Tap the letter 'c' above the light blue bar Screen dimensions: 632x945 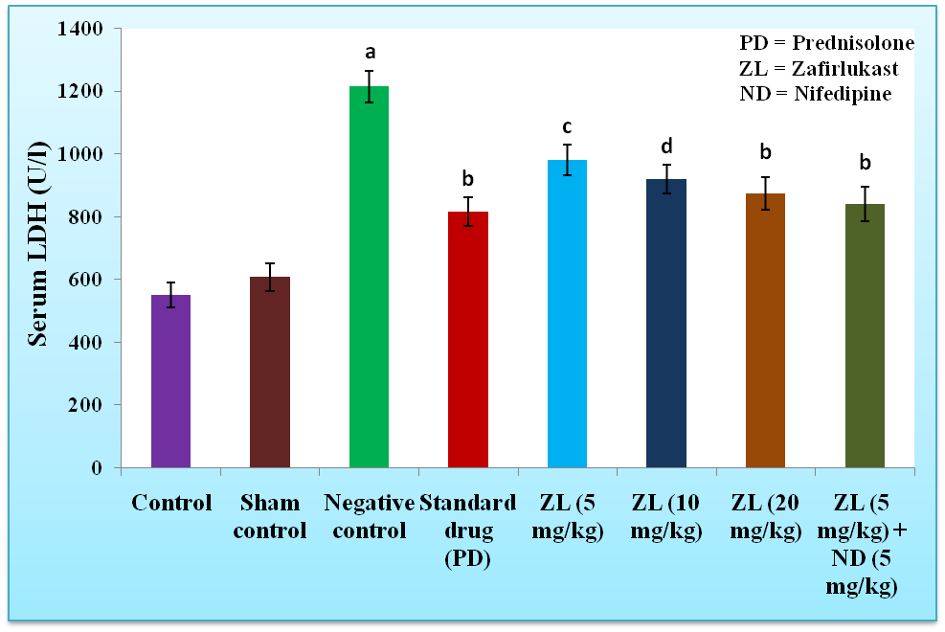[567, 126]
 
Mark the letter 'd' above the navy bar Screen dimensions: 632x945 [666, 146]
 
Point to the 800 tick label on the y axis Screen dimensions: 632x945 [88, 217]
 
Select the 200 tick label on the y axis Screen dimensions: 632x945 [88, 405]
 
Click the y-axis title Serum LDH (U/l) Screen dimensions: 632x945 [38, 247]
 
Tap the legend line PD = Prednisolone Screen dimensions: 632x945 [826, 44]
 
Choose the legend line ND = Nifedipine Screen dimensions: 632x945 [815, 94]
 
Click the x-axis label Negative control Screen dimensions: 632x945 [369, 516]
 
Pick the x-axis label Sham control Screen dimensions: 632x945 [270, 516]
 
